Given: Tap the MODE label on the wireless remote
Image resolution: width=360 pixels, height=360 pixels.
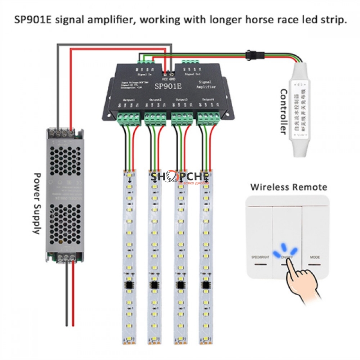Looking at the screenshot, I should (x=314, y=256).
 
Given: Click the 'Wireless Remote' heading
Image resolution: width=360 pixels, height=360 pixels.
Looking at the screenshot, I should (x=288, y=187).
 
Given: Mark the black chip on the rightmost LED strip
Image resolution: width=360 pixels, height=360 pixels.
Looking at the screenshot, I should (x=206, y=285).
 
